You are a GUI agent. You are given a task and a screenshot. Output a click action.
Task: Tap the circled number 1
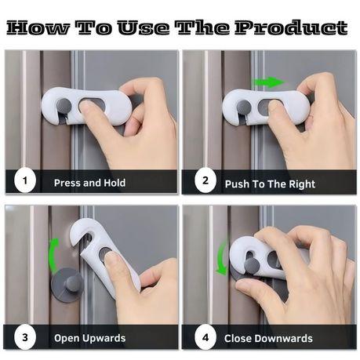click(x=25, y=182)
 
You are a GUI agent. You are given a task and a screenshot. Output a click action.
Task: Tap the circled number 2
click(x=205, y=182)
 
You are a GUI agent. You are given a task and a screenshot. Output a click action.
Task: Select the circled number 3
click(x=25, y=338)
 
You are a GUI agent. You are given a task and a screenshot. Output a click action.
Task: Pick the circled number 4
click(x=205, y=338)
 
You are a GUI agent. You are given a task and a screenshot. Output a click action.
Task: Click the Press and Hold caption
click(x=89, y=183)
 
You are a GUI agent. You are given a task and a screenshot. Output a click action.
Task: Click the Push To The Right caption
click(x=270, y=184)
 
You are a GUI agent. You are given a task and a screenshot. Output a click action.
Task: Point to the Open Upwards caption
click(x=89, y=339)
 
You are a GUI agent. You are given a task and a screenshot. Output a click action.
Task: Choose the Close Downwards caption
click(x=268, y=339)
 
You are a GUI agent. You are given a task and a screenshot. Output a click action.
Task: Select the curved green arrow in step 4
click(x=223, y=258)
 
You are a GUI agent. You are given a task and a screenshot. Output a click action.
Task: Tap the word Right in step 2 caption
click(x=300, y=184)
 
